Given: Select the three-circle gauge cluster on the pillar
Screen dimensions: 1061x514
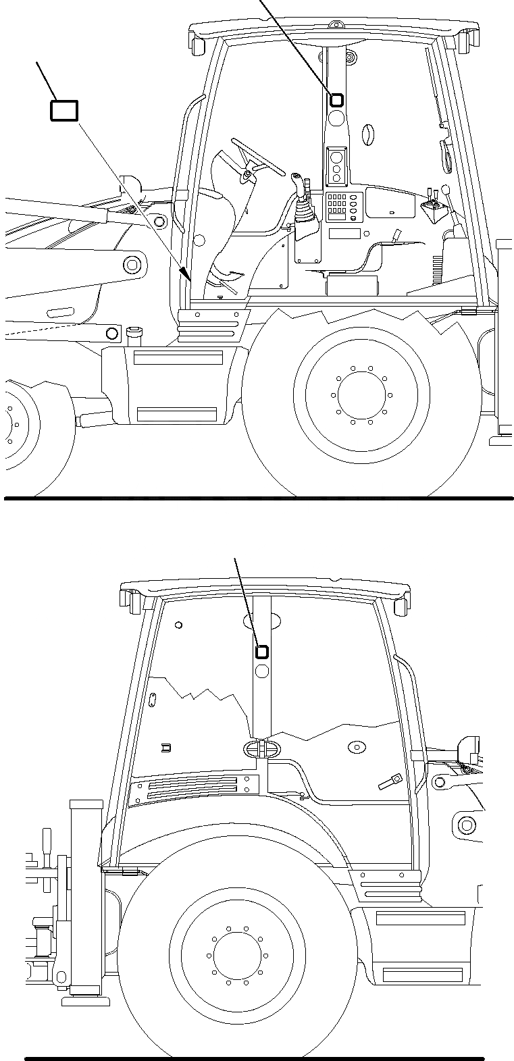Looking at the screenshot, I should coord(336,166).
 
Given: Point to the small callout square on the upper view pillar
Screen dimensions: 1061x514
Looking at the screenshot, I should coord(336,100).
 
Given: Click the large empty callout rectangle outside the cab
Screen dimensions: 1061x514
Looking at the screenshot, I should coord(64,111).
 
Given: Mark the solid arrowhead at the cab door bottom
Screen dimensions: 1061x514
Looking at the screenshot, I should coord(185,273).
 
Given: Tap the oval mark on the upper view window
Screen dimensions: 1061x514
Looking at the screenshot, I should coord(368,134).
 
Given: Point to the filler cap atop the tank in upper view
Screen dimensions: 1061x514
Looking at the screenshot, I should coord(133,332).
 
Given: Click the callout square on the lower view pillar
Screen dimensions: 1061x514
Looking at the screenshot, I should coord(261,652).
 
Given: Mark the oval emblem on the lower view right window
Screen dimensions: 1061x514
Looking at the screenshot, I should coord(355,747).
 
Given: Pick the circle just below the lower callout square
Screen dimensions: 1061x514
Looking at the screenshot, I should coord(262,671).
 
